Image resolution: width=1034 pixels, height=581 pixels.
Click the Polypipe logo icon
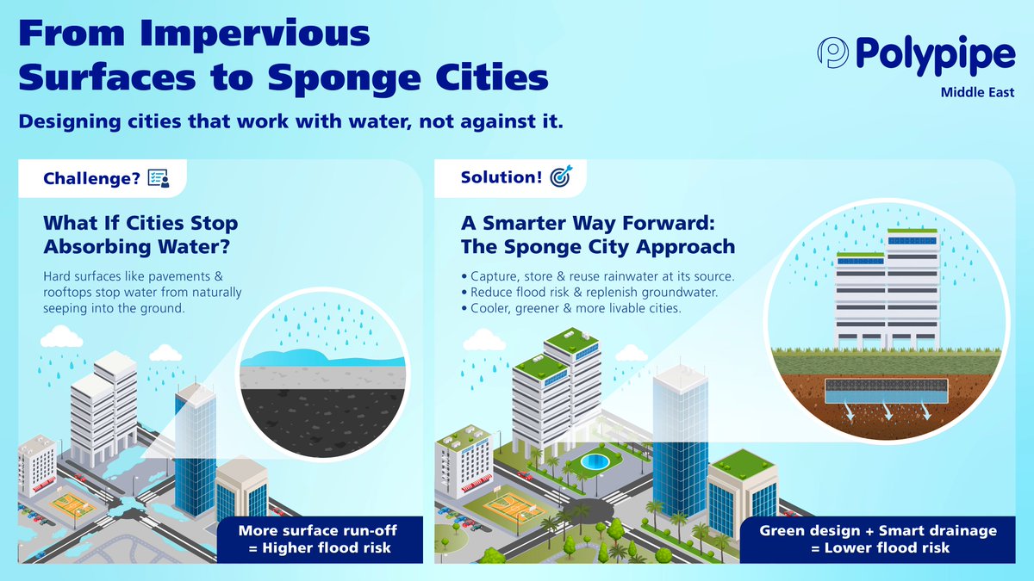[x=833, y=53]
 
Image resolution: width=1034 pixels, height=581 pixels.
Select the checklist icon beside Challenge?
[x=159, y=177]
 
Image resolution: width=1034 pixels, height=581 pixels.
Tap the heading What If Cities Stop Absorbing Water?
[x=140, y=235]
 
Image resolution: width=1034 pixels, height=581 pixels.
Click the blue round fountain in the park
[x=594, y=462]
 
